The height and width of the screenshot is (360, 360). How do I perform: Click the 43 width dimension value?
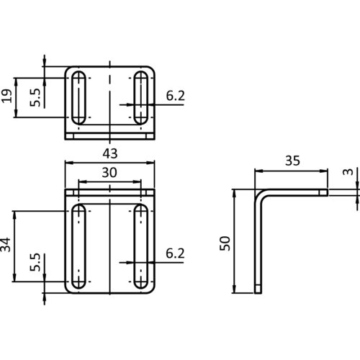(x=110, y=153)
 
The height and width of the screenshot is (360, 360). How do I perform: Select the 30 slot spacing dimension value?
(x=109, y=173)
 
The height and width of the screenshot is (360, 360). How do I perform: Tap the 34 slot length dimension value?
(x=6, y=245)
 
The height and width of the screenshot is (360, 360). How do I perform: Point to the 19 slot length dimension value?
(x=6, y=96)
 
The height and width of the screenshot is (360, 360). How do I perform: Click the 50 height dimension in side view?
(x=225, y=243)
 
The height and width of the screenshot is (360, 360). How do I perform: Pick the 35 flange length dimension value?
(x=292, y=161)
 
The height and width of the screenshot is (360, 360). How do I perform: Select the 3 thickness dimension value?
(x=348, y=172)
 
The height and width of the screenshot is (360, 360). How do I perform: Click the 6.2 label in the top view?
(x=176, y=96)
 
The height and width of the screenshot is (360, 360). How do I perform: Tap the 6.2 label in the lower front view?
(x=175, y=253)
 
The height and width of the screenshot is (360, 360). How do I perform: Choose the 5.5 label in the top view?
(x=35, y=97)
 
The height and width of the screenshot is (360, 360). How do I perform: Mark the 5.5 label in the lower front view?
(x=35, y=262)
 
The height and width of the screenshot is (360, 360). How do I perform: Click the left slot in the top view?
(x=78, y=98)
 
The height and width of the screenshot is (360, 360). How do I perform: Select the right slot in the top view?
(x=141, y=98)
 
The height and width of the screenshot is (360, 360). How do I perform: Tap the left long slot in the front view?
(x=78, y=246)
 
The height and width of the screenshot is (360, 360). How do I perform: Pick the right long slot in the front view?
(x=141, y=246)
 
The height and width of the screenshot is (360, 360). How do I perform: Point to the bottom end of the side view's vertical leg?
(x=258, y=293)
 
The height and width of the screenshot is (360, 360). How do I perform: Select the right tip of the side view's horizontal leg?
(x=328, y=192)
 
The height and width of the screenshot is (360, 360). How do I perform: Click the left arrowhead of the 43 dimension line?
(x=69, y=163)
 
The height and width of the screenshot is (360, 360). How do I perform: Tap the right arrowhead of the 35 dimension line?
(x=324, y=171)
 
